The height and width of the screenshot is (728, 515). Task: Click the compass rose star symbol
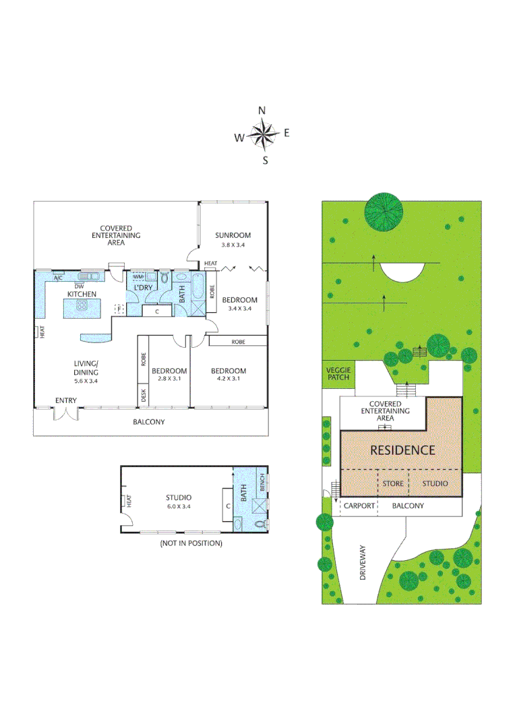point(263,134)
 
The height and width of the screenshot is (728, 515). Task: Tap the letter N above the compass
point(262,111)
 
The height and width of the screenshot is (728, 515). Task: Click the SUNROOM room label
point(233,235)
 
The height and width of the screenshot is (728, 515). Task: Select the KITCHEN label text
point(82,294)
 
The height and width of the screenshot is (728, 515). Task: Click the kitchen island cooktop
point(82,305)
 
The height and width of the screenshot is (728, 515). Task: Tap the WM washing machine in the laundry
point(138,277)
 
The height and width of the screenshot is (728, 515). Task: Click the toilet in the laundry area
point(164,278)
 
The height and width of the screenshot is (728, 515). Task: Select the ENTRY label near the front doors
point(66,401)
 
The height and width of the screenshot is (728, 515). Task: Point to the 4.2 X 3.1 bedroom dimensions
point(229,379)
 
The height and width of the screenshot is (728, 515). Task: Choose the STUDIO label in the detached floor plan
point(179,498)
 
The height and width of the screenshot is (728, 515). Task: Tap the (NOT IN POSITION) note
point(191,543)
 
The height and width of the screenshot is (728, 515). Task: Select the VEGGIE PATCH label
point(338,373)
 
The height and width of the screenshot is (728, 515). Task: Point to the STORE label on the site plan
point(393,484)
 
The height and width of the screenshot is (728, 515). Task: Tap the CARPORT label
point(359,506)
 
